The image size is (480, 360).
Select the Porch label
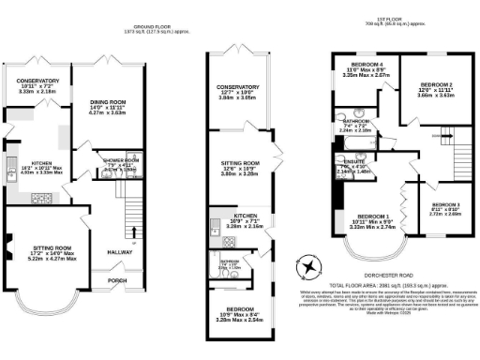click(118, 278)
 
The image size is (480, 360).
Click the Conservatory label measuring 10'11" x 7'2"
click(37, 81)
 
